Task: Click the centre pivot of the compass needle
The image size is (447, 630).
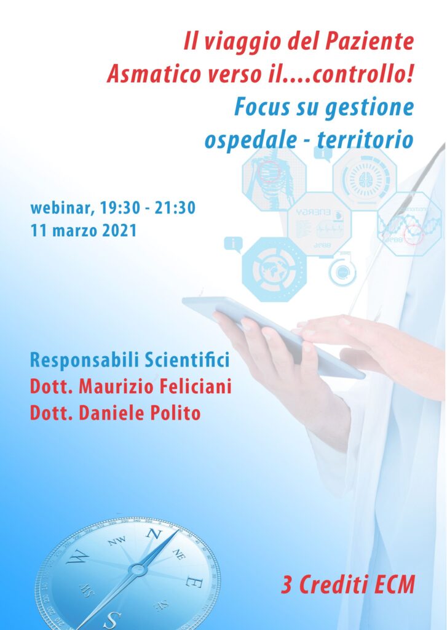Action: [138, 570]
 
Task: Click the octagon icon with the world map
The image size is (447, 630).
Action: [274, 269]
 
